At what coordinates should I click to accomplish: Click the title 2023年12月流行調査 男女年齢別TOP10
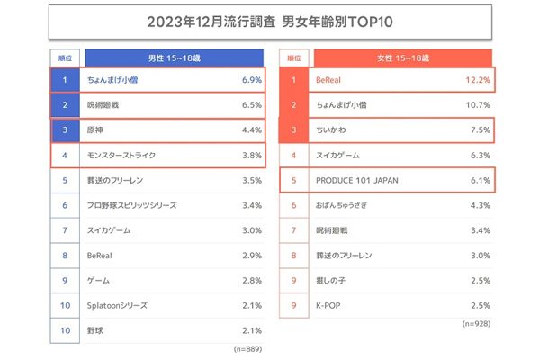270,21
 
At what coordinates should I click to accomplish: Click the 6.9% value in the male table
251,80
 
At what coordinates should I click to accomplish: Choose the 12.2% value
477,80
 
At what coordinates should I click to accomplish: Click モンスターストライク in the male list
121,156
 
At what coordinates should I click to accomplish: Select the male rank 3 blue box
65,130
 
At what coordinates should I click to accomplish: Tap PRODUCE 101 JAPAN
355,181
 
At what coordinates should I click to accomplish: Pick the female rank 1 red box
293,80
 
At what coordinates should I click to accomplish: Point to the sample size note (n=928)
476,323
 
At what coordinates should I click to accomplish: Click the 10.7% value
477,105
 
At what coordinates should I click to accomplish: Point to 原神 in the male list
95,130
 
